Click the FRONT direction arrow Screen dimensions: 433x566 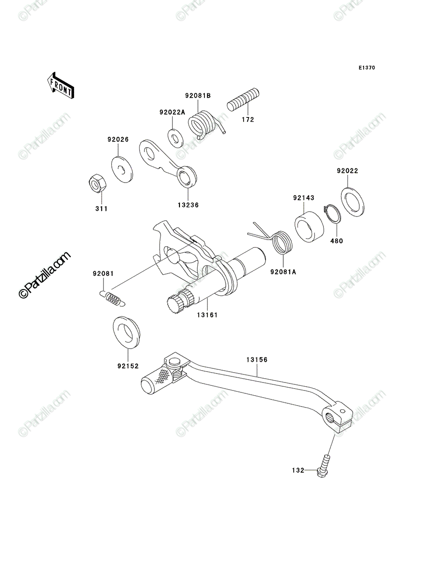(x=60, y=85)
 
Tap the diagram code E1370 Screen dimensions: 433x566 (x=366, y=68)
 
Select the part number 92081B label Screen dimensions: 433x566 (x=198, y=96)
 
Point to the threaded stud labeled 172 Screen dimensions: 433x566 (x=243, y=100)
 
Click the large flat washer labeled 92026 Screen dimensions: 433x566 (x=122, y=169)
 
